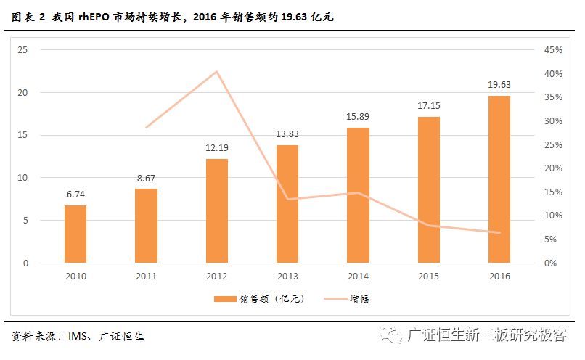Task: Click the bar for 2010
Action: coord(75,234)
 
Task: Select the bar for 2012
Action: coord(216,210)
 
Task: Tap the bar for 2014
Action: coord(358,195)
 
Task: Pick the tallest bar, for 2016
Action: coord(499,179)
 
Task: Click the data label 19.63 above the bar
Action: coord(499,85)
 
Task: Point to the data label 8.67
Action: coord(146,178)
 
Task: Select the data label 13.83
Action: coord(287,134)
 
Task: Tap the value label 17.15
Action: coord(428,106)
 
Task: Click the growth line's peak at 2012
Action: coord(216,71)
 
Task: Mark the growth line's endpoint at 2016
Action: coord(499,233)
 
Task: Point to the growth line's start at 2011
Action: coord(146,128)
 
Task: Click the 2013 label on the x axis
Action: coord(287,277)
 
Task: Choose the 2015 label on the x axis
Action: coord(428,277)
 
